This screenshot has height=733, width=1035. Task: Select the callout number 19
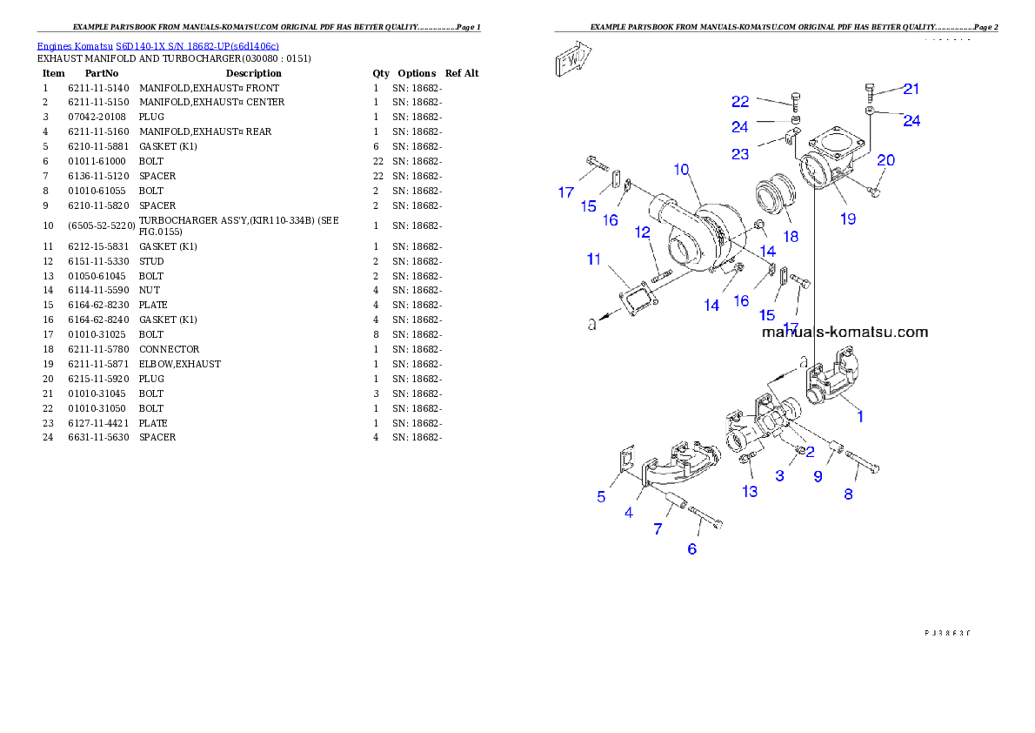[x=848, y=219]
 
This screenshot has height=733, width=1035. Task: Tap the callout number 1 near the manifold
[x=860, y=417]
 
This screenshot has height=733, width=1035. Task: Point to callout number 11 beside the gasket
[x=594, y=259]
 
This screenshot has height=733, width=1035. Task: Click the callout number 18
[x=790, y=237]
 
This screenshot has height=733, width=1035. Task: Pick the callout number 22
[x=739, y=102]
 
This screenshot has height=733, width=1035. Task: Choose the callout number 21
[x=911, y=89]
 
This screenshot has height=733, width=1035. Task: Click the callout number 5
[x=601, y=497]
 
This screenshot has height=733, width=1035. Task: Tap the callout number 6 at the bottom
[x=692, y=548]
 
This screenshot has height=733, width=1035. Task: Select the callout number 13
[x=750, y=492]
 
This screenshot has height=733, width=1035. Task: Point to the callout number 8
[x=848, y=494]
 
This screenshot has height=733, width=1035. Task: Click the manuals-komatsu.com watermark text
[x=845, y=332]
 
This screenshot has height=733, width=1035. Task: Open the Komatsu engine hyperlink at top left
[x=157, y=46]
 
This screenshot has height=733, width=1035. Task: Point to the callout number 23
[x=740, y=155]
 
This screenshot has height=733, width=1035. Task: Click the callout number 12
[x=643, y=232]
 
